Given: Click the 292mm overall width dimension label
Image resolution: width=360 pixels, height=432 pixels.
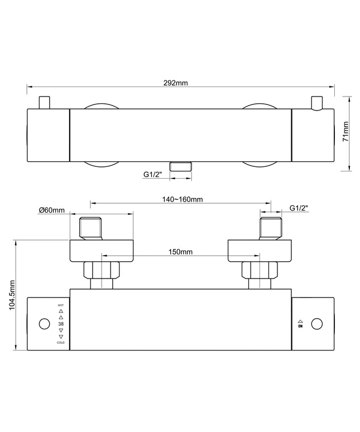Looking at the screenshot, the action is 175,83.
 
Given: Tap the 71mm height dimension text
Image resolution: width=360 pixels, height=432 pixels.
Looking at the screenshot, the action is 345,131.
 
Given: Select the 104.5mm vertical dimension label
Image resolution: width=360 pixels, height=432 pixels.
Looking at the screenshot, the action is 12,295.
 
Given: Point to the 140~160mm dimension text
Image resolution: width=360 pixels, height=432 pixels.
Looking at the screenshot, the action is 182,199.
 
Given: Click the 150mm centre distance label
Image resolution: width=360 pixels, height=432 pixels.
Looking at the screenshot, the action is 180,252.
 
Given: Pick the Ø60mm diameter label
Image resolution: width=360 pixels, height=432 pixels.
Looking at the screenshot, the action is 52,210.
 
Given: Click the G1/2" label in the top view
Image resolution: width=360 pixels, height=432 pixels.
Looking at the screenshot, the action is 152,174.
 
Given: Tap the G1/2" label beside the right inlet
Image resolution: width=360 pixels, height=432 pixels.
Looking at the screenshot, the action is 299,208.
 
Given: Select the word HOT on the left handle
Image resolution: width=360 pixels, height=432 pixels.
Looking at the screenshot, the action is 61,305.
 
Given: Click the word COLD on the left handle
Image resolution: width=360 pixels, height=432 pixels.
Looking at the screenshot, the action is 61,343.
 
